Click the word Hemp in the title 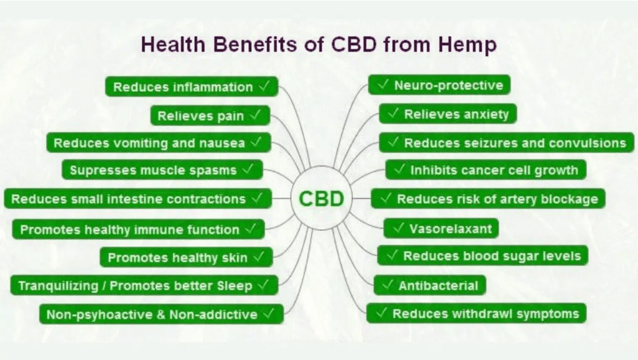[466, 45]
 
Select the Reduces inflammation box [191, 87]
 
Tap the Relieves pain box [210, 116]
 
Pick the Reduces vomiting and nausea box [158, 143]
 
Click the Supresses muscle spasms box [162, 171]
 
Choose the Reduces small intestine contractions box [137, 199]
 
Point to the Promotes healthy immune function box [138, 230]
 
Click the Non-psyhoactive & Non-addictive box [161, 314]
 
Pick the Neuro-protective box [439, 85]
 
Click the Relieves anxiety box [447, 114]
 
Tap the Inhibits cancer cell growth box [485, 171]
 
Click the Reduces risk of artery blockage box [488, 199]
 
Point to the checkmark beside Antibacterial [387, 285]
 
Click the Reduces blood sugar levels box [482, 256]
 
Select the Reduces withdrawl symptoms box [476, 313]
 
